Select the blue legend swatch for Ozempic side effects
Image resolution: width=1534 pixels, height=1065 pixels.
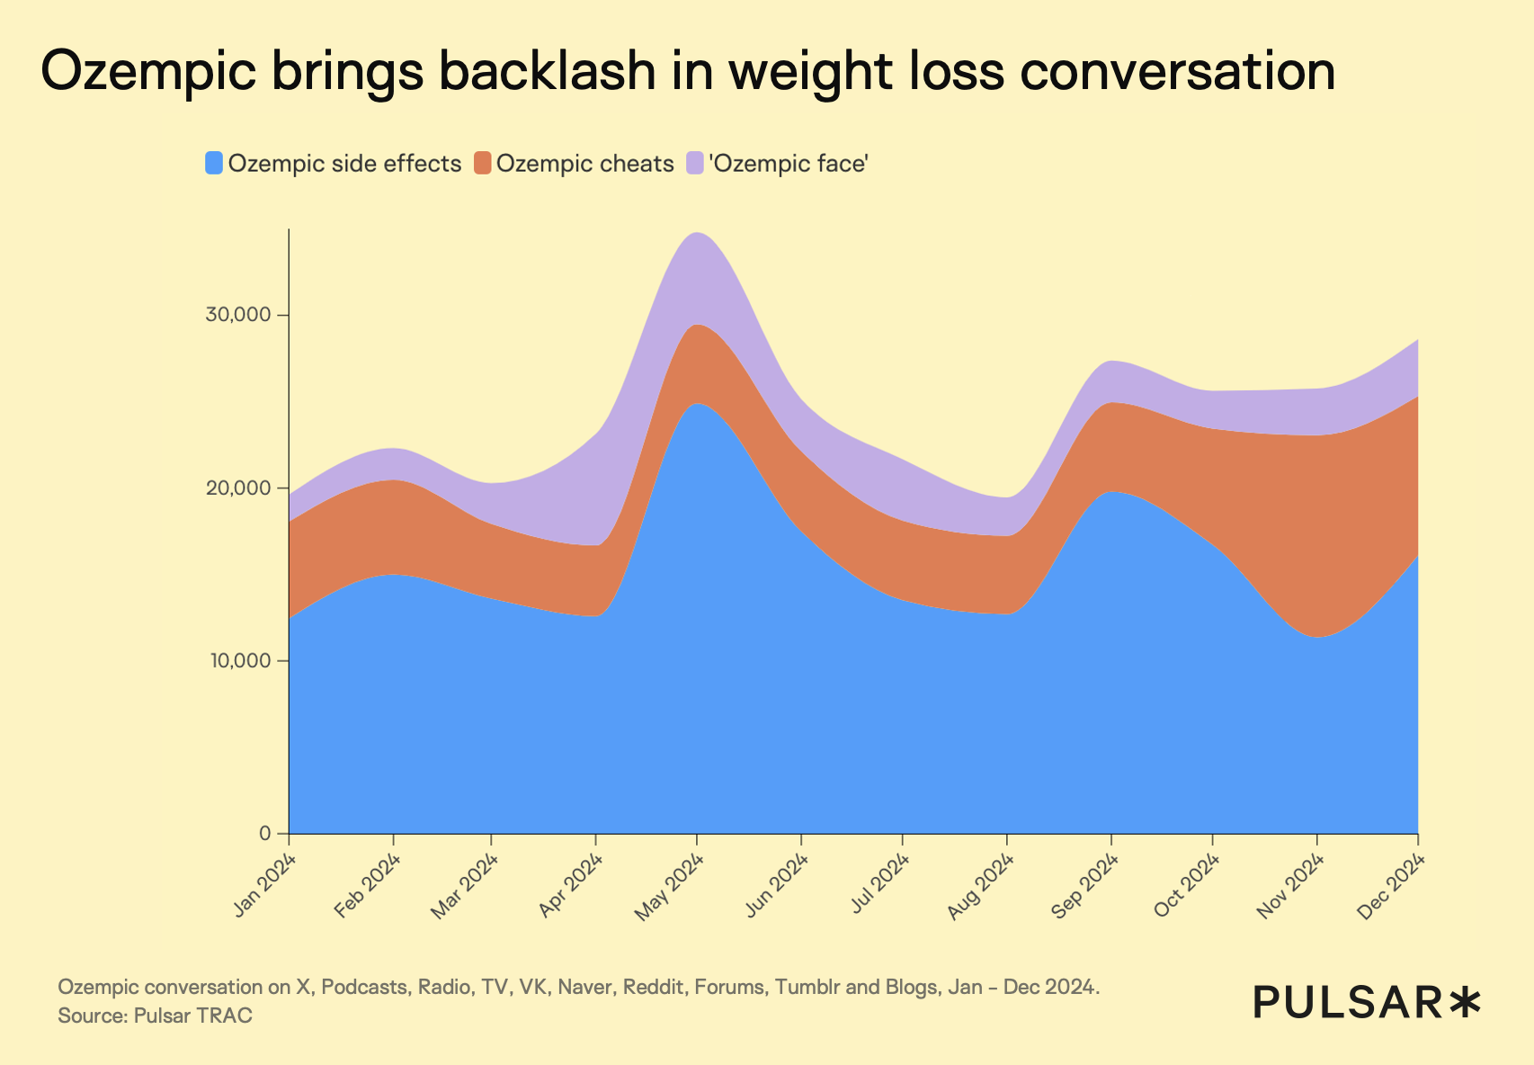click(214, 164)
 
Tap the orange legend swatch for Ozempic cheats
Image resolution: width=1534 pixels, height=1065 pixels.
click(484, 164)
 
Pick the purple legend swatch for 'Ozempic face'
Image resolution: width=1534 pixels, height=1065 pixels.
click(695, 164)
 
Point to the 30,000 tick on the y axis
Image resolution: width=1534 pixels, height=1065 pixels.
click(238, 316)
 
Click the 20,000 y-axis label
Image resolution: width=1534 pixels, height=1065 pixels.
click(238, 488)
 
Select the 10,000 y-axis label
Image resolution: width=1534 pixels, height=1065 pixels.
click(238, 661)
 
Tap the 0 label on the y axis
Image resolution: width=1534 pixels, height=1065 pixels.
click(264, 834)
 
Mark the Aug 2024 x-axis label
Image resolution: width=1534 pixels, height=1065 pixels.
click(982, 887)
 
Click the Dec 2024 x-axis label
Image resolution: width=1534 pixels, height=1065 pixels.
click(1393, 887)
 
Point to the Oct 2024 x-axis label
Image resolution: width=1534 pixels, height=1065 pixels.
click(1187, 887)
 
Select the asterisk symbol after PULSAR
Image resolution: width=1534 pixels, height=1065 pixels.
click(1466, 1001)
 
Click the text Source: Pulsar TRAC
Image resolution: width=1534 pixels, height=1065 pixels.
click(155, 1016)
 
